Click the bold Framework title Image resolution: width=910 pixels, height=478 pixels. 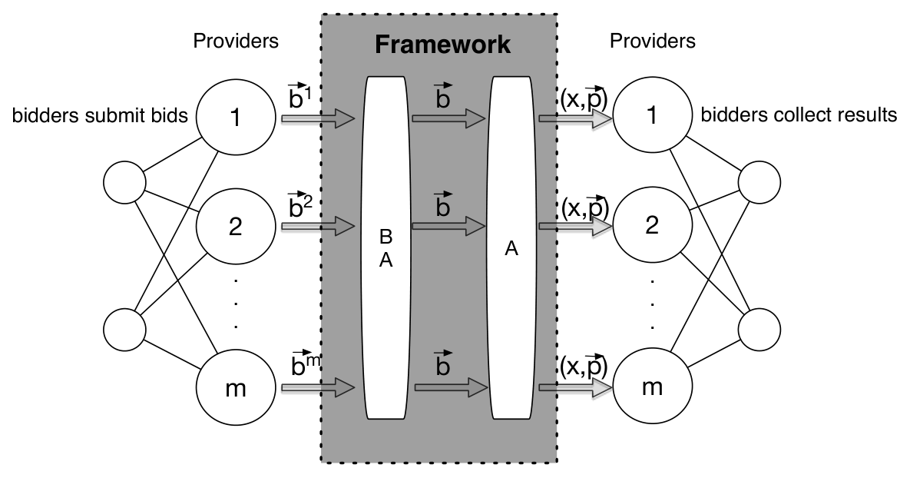(442, 45)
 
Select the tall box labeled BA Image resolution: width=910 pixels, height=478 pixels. (386, 248)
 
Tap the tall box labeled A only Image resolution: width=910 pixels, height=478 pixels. (511, 248)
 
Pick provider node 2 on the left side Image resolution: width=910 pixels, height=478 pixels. (236, 224)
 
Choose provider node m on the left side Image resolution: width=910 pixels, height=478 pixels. (236, 387)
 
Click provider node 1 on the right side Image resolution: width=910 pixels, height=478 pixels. (652, 115)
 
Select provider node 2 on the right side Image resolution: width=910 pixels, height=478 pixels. (652, 224)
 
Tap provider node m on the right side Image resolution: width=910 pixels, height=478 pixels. (652, 387)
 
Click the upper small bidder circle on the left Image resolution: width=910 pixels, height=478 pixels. (124, 182)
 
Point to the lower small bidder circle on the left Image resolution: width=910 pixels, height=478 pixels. (124, 330)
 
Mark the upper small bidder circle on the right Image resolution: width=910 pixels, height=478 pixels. (759, 182)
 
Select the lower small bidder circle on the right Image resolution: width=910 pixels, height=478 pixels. (759, 330)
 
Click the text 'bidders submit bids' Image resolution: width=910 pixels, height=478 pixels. (100, 115)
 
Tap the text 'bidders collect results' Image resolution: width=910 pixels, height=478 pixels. (799, 115)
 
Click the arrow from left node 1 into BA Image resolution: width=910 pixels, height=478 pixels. (318, 119)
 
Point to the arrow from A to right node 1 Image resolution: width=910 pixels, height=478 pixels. (576, 119)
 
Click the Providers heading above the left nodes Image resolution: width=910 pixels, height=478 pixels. (236, 41)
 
